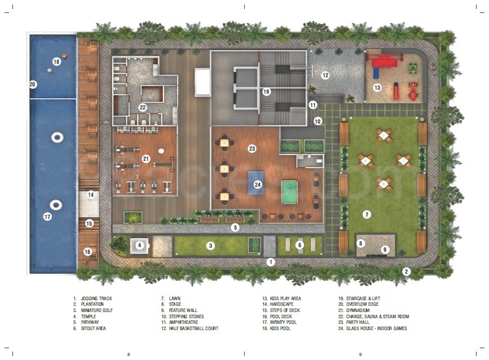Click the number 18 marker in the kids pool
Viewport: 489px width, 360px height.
pos(56,62)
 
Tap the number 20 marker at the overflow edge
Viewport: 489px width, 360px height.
pos(33,85)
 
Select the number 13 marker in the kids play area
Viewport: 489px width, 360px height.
pos(377,87)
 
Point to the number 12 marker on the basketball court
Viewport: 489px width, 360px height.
pos(325,75)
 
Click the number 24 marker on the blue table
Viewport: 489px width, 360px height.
pos(258,185)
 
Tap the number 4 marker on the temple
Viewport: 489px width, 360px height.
pos(139,245)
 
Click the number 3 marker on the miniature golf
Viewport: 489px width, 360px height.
pos(210,245)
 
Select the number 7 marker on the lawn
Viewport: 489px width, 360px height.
pos(367,214)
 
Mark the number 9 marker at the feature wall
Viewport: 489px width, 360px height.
pos(385,249)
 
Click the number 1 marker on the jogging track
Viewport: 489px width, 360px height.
pos(271,262)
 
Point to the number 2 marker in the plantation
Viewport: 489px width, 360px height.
pos(406,271)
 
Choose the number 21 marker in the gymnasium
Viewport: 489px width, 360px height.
pos(146,159)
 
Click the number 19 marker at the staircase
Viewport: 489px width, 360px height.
pos(266,91)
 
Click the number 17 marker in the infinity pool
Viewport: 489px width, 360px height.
pos(47,216)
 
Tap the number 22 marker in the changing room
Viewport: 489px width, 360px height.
pos(143,107)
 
